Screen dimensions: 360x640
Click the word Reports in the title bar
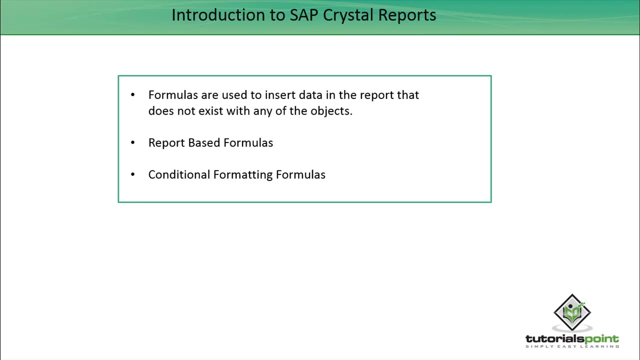pyautogui.click(x=407, y=15)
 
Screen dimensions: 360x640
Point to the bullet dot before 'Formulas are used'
pyautogui.click(x=132, y=95)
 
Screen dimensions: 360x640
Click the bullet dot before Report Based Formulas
pyautogui.click(x=132, y=143)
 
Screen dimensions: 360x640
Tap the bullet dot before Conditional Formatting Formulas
pyautogui.click(x=132, y=174)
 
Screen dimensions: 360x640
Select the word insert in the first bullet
pyautogui.click(x=280, y=95)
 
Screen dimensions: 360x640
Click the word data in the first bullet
pyautogui.click(x=310, y=95)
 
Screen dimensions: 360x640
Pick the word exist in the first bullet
pyautogui.click(x=210, y=111)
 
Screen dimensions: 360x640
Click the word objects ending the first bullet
pyautogui.click(x=330, y=111)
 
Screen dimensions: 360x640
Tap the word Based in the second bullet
pyautogui.click(x=204, y=143)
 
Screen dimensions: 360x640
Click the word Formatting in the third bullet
pyautogui.click(x=242, y=175)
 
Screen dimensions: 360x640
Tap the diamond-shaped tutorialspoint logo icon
pyautogui.click(x=572, y=312)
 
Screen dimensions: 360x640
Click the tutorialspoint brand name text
pyautogui.click(x=572, y=339)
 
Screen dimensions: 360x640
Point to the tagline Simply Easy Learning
pyautogui.click(x=572, y=346)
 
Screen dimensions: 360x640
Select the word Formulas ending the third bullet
pyautogui.click(x=300, y=174)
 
